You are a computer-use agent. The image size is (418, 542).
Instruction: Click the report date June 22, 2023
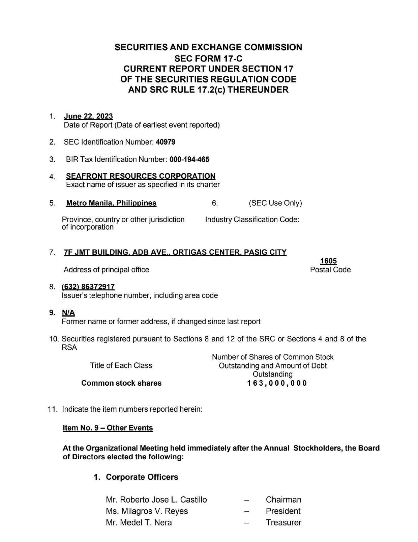(88, 117)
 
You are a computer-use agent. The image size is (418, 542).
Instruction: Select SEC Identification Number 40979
(166, 142)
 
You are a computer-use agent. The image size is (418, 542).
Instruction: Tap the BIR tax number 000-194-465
(189, 159)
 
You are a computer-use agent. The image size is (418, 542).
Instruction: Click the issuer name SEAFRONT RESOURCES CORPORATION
(141, 176)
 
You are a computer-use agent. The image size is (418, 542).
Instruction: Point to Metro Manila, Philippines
(111, 203)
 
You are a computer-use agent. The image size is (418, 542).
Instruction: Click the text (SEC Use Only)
(275, 203)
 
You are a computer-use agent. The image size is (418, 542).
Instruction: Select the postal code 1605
(328, 261)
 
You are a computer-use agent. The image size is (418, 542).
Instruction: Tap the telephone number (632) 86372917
(88, 287)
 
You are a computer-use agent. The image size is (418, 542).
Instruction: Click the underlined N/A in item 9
(68, 313)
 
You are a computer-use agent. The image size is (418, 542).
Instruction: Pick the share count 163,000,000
(277, 383)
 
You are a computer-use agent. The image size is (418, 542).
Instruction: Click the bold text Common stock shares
(121, 383)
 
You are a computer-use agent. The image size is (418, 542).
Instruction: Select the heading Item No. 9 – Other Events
(108, 428)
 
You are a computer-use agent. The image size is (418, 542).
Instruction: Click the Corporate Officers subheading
(142, 477)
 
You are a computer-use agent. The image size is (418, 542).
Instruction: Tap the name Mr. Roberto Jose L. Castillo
(156, 500)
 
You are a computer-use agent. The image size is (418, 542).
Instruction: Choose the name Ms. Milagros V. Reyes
(147, 511)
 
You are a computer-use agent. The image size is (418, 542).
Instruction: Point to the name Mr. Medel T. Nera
(139, 523)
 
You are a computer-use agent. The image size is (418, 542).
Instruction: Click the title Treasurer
(283, 523)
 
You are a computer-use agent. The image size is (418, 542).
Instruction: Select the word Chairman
(283, 500)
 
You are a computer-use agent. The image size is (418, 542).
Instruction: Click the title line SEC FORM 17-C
(208, 58)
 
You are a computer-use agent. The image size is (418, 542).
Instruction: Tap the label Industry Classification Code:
(252, 220)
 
